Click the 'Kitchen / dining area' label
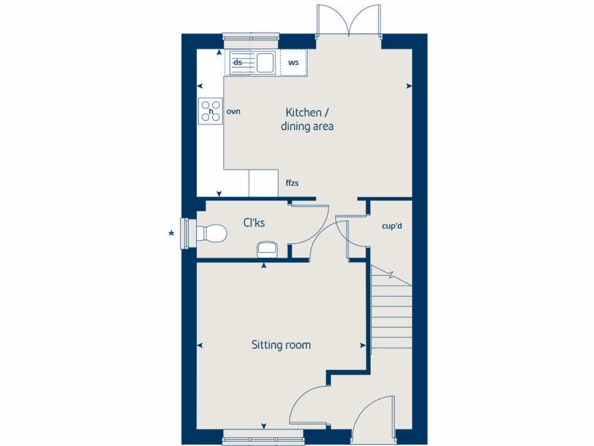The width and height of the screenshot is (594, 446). click(307, 119)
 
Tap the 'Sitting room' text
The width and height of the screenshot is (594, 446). click(281, 345)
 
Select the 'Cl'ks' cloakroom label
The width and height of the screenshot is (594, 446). click(254, 222)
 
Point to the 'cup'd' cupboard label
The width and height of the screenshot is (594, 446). click(393, 226)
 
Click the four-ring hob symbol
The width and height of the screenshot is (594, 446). click(211, 110)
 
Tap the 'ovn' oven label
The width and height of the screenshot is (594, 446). click(233, 111)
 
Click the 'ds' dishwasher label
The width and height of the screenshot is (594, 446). click(238, 62)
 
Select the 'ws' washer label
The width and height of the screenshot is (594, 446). click(294, 62)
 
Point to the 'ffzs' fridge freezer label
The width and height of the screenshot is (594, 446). click(292, 184)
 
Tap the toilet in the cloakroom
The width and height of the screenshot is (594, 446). click(211, 233)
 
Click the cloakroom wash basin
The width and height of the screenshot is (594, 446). click(267, 249)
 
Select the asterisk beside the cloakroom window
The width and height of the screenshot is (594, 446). click(171, 234)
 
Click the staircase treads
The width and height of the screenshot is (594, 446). click(391, 314)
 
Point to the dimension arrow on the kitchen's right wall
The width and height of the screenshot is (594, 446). click(409, 86)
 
